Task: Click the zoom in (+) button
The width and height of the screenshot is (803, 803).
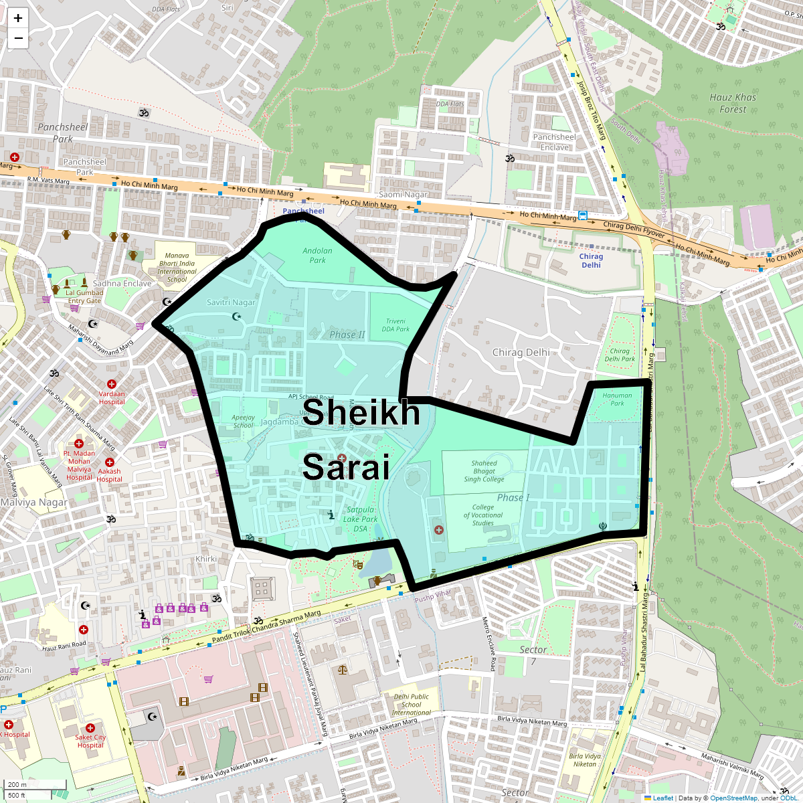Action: pyautogui.click(x=18, y=18)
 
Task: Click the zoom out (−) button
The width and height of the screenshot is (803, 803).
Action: pyautogui.click(x=18, y=38)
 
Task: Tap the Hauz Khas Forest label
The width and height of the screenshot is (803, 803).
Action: pyautogui.click(x=733, y=103)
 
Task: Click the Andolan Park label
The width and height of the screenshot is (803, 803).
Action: pyautogui.click(x=317, y=256)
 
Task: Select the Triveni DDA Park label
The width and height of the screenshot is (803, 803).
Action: pyautogui.click(x=395, y=325)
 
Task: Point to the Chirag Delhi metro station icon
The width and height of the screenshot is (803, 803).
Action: pyautogui.click(x=584, y=215)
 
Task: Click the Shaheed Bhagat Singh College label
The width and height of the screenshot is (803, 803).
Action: pyautogui.click(x=484, y=471)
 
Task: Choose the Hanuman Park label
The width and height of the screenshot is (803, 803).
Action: pyautogui.click(x=617, y=399)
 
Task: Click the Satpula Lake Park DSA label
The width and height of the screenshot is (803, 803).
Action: pyautogui.click(x=361, y=519)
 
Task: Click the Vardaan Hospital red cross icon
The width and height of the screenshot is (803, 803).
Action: pyautogui.click(x=112, y=385)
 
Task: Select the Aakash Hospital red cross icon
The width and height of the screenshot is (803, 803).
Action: pyautogui.click(x=110, y=462)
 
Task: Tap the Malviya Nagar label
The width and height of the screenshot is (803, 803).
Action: pyautogui.click(x=33, y=502)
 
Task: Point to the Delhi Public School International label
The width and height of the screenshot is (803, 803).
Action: pyautogui.click(x=412, y=704)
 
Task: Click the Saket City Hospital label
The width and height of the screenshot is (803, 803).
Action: pyautogui.click(x=90, y=741)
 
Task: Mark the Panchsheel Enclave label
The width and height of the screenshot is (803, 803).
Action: pyautogui.click(x=554, y=142)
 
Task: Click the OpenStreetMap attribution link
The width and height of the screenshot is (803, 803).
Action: pyautogui.click(x=733, y=798)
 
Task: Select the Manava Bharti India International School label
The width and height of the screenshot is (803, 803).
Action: pyautogui.click(x=177, y=267)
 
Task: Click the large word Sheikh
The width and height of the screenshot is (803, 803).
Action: pyautogui.click(x=361, y=412)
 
